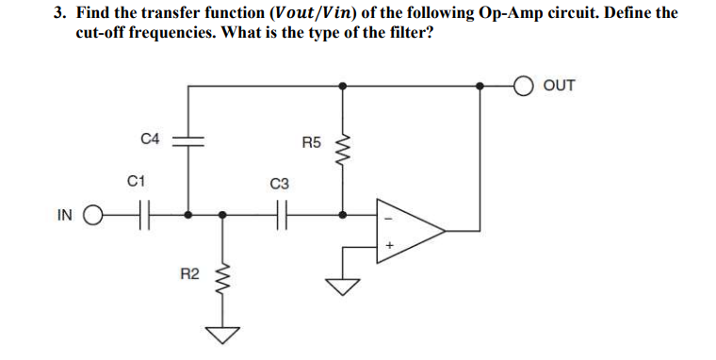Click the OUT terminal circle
524,86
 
